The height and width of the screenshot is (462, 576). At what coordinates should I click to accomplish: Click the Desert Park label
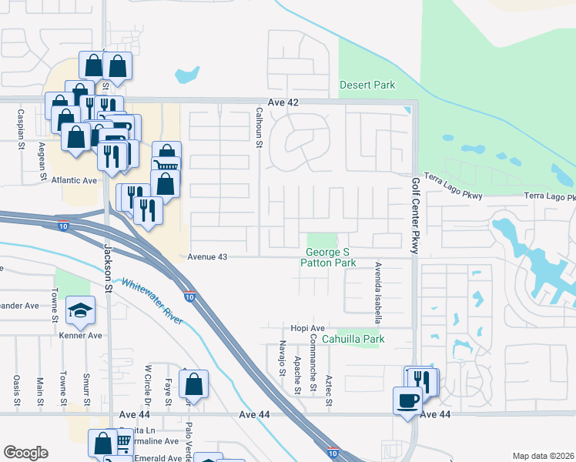[367, 85]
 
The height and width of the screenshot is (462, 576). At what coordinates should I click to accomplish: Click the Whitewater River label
[152, 300]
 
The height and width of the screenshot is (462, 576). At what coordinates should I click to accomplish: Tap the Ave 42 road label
[283, 102]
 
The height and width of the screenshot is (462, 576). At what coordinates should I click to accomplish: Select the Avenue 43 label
[209, 256]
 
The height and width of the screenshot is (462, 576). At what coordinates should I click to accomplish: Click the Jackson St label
[108, 268]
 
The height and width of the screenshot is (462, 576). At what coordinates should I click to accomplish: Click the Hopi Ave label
[294, 328]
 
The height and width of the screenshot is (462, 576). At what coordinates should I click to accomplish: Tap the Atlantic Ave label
[75, 180]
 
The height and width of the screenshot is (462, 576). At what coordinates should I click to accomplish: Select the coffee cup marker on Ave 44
[407, 400]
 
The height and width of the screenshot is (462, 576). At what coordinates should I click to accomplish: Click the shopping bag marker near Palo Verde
[194, 383]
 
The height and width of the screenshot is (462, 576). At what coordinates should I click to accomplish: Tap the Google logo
[25, 453]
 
